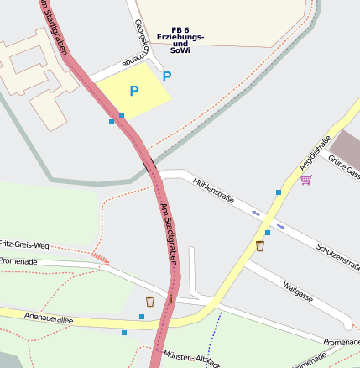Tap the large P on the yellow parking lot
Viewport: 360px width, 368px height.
point(133,90)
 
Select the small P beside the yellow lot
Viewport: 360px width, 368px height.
point(167,76)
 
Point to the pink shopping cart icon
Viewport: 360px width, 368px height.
point(306,179)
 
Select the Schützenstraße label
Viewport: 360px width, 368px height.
point(338,257)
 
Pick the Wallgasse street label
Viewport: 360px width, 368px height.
point(298,292)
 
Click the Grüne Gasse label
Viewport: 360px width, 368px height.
point(344,167)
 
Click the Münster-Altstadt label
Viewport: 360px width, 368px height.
point(193,358)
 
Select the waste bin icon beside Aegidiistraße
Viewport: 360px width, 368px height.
point(260,246)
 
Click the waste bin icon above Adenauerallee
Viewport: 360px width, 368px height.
point(150,301)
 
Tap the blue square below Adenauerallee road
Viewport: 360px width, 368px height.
point(124,333)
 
